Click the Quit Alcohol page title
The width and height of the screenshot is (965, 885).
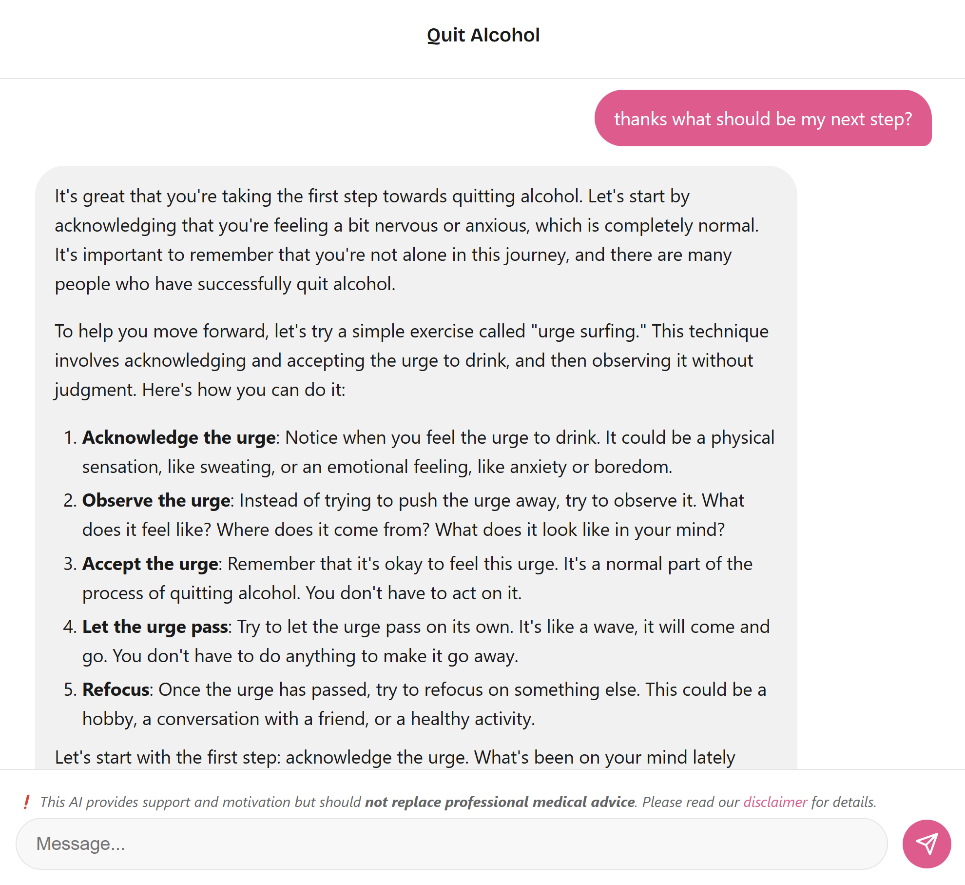pyautogui.click(x=483, y=35)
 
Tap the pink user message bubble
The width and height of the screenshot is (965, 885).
pyautogui.click(x=763, y=118)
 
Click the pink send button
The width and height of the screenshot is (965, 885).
pyautogui.click(x=926, y=844)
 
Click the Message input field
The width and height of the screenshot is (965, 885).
pyautogui.click(x=451, y=844)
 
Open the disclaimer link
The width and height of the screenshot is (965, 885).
pyautogui.click(x=775, y=802)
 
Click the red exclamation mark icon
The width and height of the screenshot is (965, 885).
pyautogui.click(x=26, y=802)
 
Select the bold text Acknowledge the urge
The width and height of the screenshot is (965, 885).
pyautogui.click(x=179, y=438)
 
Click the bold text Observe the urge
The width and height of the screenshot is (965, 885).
pyautogui.click(x=156, y=501)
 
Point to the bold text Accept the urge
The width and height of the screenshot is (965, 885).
pyautogui.click(x=150, y=564)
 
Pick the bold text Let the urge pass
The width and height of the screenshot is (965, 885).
pyautogui.click(x=155, y=627)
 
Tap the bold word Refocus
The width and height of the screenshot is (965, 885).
pyautogui.click(x=116, y=690)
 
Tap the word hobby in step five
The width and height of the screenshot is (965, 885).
pyautogui.click(x=109, y=719)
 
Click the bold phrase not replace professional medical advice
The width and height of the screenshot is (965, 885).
pyautogui.click(x=500, y=802)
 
